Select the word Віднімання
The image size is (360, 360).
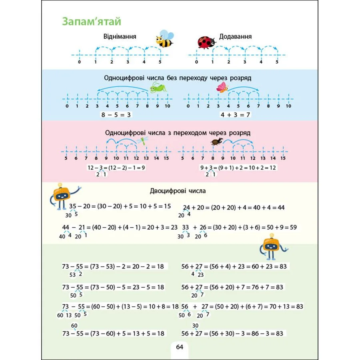tap(120, 36)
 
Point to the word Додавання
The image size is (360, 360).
tap(235, 36)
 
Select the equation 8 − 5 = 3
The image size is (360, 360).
tap(117, 115)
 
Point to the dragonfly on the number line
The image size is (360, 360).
tap(143, 140)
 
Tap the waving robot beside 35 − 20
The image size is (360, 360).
tap(62, 196)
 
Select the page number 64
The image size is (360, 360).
tap(179, 347)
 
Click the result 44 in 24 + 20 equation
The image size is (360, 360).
tap(281, 208)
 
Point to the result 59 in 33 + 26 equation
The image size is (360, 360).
tap(293, 227)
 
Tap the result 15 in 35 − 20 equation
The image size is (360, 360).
tap(167, 206)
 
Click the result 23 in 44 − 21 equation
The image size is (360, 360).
tap(174, 227)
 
